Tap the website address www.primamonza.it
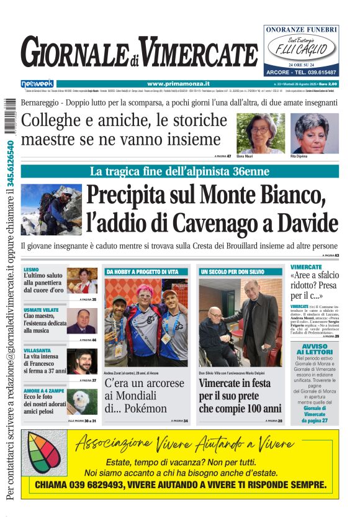[x=178, y=83]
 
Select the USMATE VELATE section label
[x=41, y=309]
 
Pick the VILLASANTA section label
[x=37, y=350]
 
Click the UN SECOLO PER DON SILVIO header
[x=232, y=272]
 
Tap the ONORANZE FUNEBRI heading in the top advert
[x=301, y=29]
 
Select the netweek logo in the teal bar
[x=37, y=83]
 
